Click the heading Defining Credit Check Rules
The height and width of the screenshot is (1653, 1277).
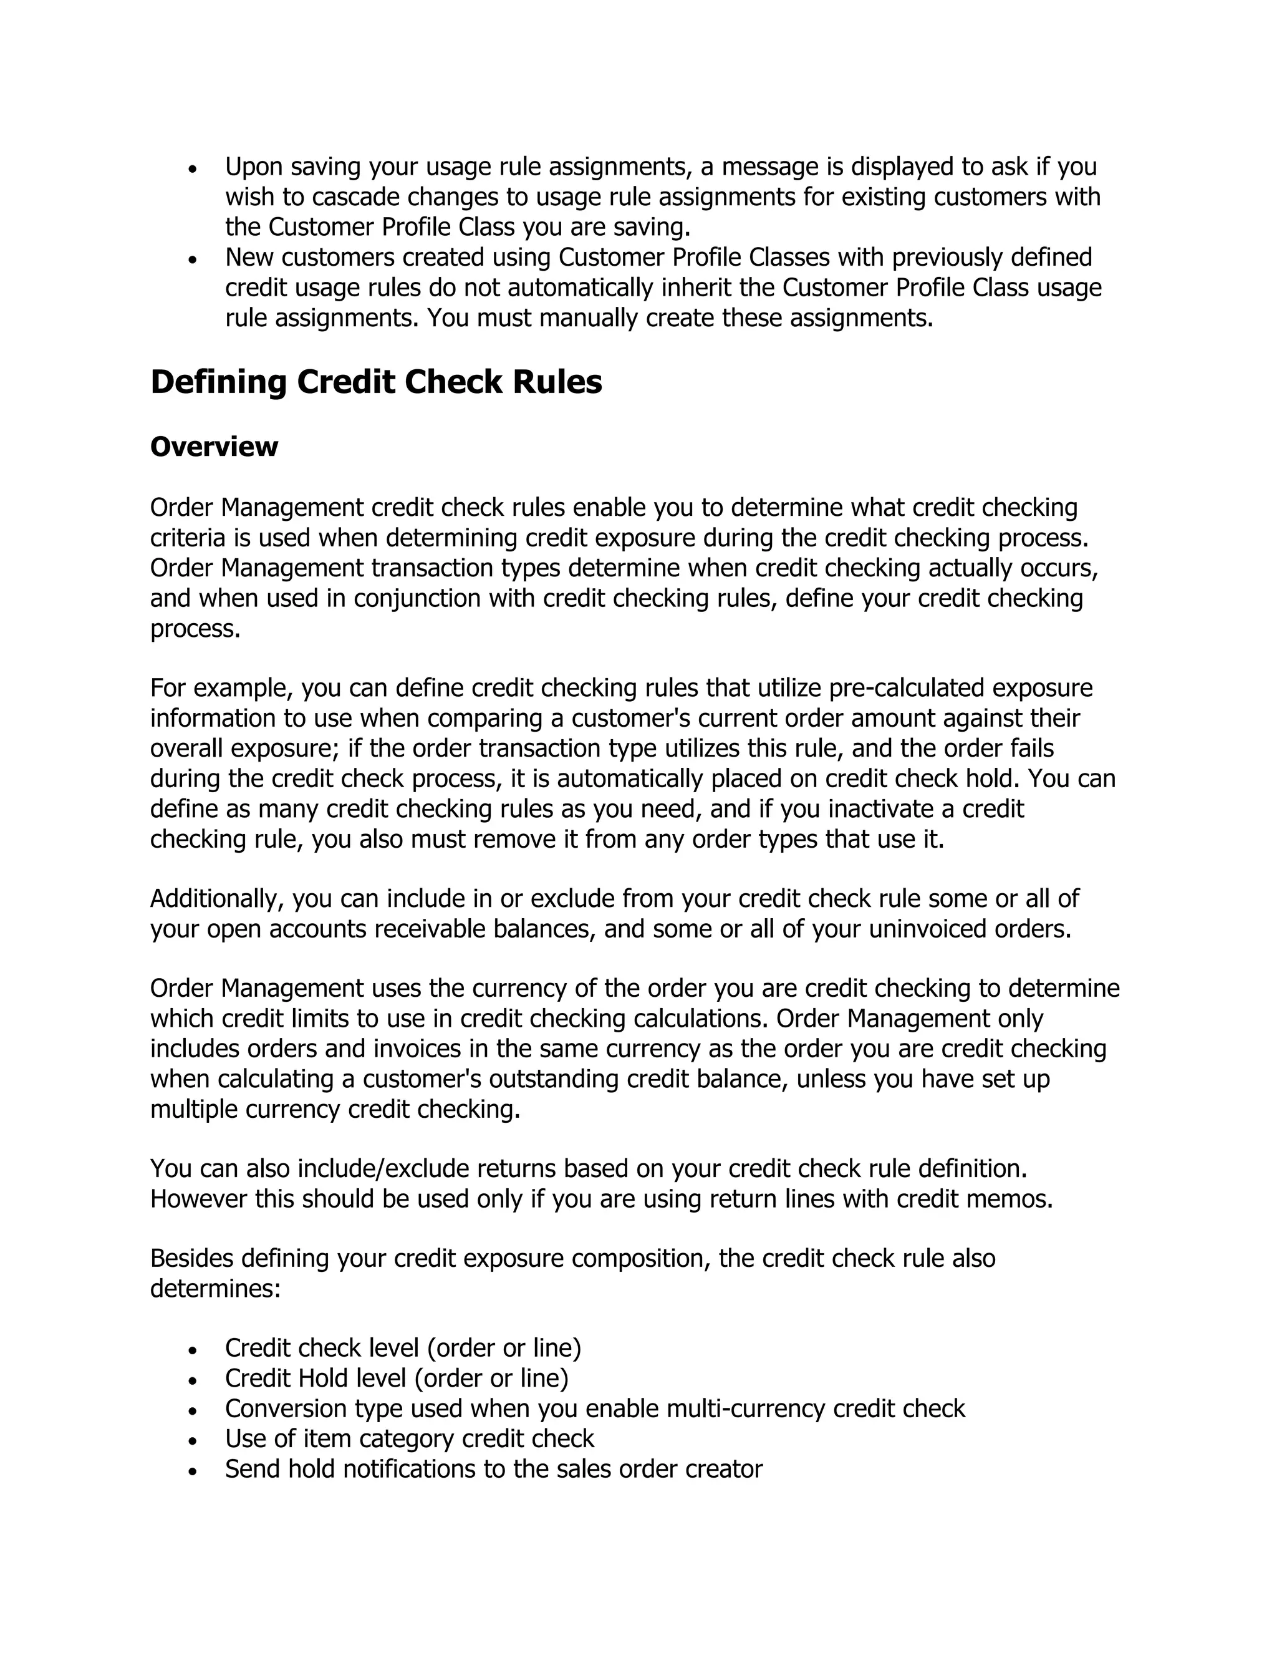376,382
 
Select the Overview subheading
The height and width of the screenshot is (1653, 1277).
214,447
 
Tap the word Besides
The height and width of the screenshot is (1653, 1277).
191,1258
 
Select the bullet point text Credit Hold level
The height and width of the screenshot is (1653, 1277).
397,1379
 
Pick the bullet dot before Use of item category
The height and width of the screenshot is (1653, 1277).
194,1440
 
